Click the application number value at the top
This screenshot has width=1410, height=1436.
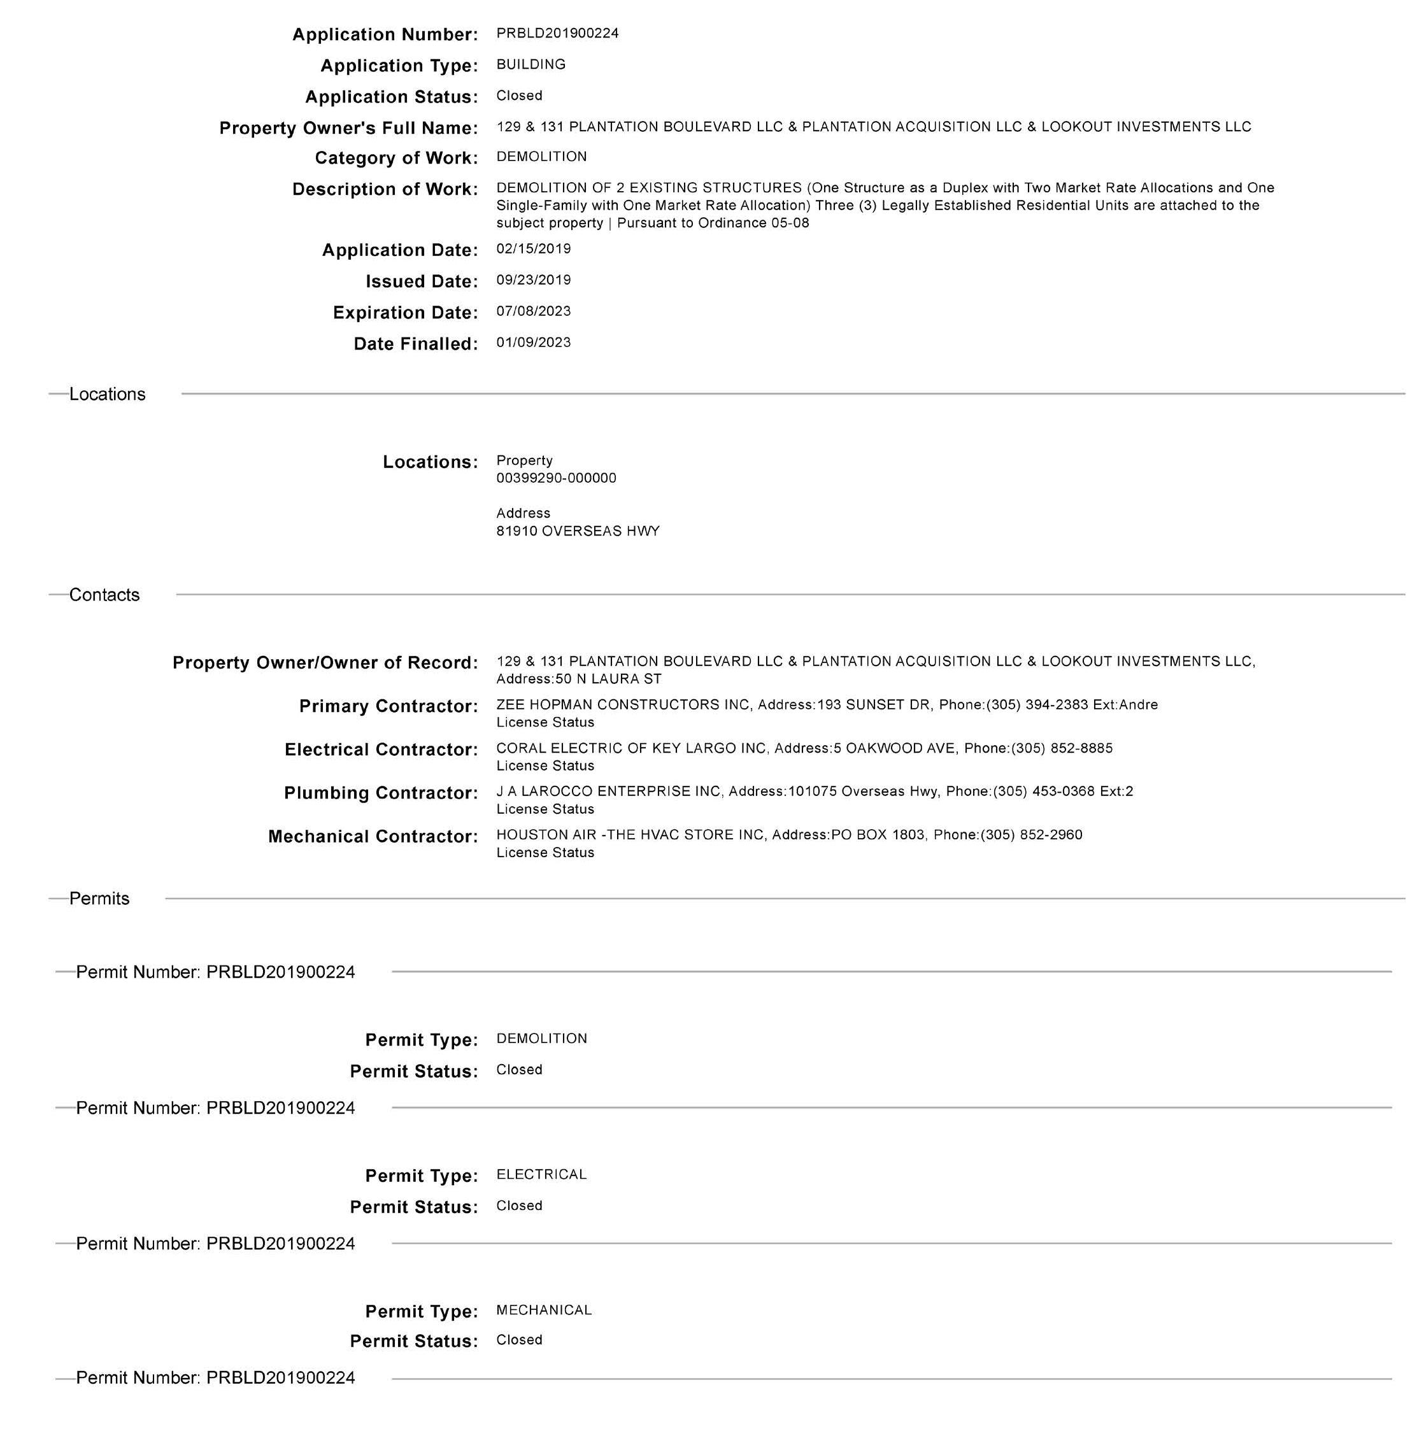point(557,33)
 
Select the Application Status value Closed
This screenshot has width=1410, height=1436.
point(518,96)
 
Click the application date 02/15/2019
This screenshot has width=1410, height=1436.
point(533,249)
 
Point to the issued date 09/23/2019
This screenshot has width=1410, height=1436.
point(533,280)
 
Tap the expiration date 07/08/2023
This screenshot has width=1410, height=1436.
point(533,311)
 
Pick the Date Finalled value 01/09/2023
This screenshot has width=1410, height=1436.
point(533,342)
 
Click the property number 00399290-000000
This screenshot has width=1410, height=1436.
point(555,478)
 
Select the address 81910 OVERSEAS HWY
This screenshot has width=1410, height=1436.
point(578,531)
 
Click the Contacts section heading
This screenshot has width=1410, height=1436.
point(104,595)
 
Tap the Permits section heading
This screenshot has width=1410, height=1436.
point(99,899)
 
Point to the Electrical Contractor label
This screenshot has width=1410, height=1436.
point(381,750)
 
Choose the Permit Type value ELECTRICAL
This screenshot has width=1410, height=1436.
point(541,1174)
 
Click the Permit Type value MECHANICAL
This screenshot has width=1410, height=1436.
point(544,1310)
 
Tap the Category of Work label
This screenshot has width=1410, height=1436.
point(396,158)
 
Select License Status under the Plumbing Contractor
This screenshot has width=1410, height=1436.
point(545,809)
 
